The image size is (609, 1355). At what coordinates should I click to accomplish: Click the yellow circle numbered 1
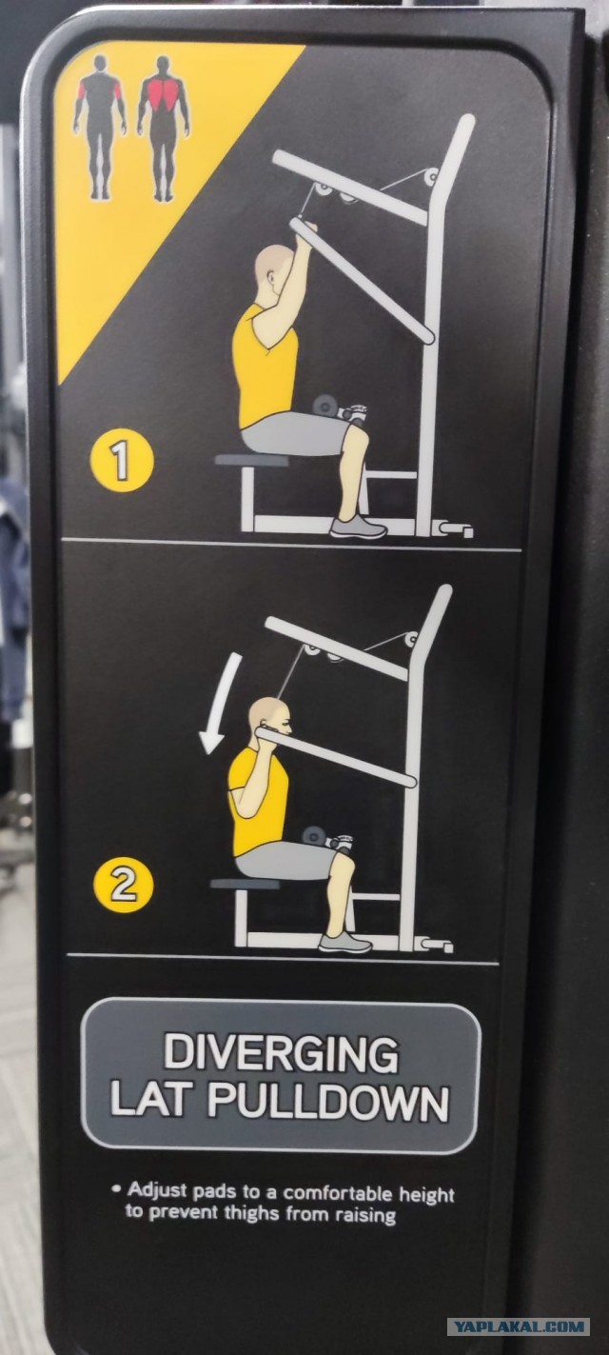122,460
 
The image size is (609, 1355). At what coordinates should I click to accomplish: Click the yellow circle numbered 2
124,886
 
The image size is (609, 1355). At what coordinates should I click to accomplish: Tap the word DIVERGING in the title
282,1053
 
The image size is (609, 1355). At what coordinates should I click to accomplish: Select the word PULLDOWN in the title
328,1101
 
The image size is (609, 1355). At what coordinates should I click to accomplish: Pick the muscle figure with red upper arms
100,127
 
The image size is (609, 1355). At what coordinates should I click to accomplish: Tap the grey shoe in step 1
358,528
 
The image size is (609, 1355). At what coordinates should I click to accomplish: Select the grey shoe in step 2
344,943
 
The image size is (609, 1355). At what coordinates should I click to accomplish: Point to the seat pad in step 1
251,460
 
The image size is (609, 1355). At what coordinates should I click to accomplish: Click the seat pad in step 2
245,884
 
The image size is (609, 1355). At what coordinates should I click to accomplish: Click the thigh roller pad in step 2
315,836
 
